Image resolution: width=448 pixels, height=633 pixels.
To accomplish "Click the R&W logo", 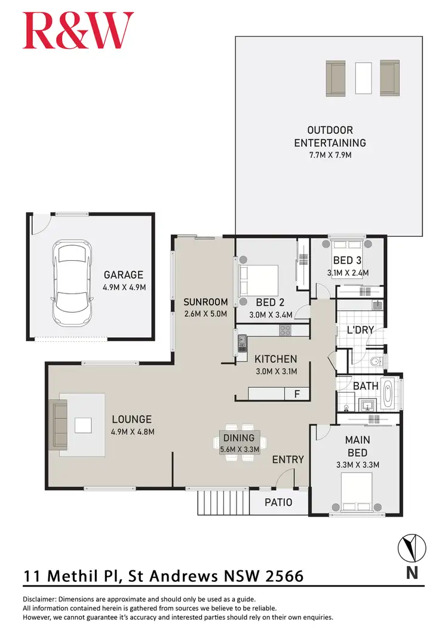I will coord(78,31).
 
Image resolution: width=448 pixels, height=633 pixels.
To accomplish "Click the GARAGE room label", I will coord(124,275).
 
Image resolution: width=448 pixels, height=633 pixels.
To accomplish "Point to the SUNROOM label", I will coord(205,302).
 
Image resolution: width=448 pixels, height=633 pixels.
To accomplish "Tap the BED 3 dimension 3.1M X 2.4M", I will coord(348,272).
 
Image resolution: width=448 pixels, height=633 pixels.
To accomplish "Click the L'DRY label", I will coord(360,330).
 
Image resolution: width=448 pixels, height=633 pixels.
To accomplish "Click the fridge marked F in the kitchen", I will coord(297,394).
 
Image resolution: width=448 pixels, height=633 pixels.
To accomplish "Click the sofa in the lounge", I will coord(60,425).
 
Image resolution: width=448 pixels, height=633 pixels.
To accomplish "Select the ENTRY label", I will coord(288,459).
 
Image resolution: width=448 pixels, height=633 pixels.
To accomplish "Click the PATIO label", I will coord(278,502).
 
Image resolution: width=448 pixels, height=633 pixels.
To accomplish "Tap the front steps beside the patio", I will coord(222,502).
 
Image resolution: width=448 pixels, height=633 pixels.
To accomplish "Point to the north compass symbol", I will coord(412,547).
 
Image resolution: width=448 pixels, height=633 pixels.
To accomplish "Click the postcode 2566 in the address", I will coord(281,576).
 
